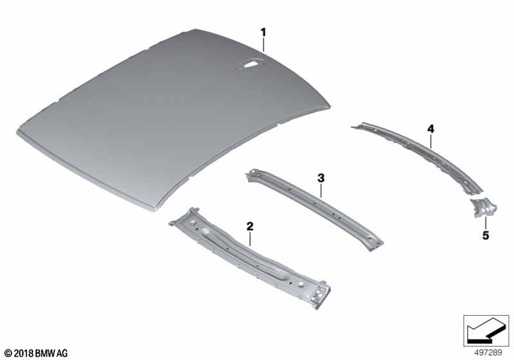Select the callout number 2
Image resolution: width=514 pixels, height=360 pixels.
[250, 226]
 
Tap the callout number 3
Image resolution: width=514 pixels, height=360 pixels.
[321, 178]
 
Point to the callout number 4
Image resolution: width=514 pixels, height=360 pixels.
[430, 129]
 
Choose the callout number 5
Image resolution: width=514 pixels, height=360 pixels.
[486, 235]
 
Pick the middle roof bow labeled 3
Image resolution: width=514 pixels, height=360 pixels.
[315, 210]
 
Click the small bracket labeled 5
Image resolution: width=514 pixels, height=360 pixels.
[484, 208]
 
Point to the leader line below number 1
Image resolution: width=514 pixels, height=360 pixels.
[263, 44]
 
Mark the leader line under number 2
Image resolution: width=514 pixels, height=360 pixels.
[250, 239]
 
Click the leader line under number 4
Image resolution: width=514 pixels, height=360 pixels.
[430, 141]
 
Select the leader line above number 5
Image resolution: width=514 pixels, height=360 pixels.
[486, 224]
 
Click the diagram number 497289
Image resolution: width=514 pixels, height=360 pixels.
[488, 353]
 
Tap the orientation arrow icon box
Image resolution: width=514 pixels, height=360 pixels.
[486, 330]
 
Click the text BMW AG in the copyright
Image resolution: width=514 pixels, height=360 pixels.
[51, 354]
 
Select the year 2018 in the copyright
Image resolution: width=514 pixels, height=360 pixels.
[24, 354]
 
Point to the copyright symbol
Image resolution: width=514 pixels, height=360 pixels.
[8, 354]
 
